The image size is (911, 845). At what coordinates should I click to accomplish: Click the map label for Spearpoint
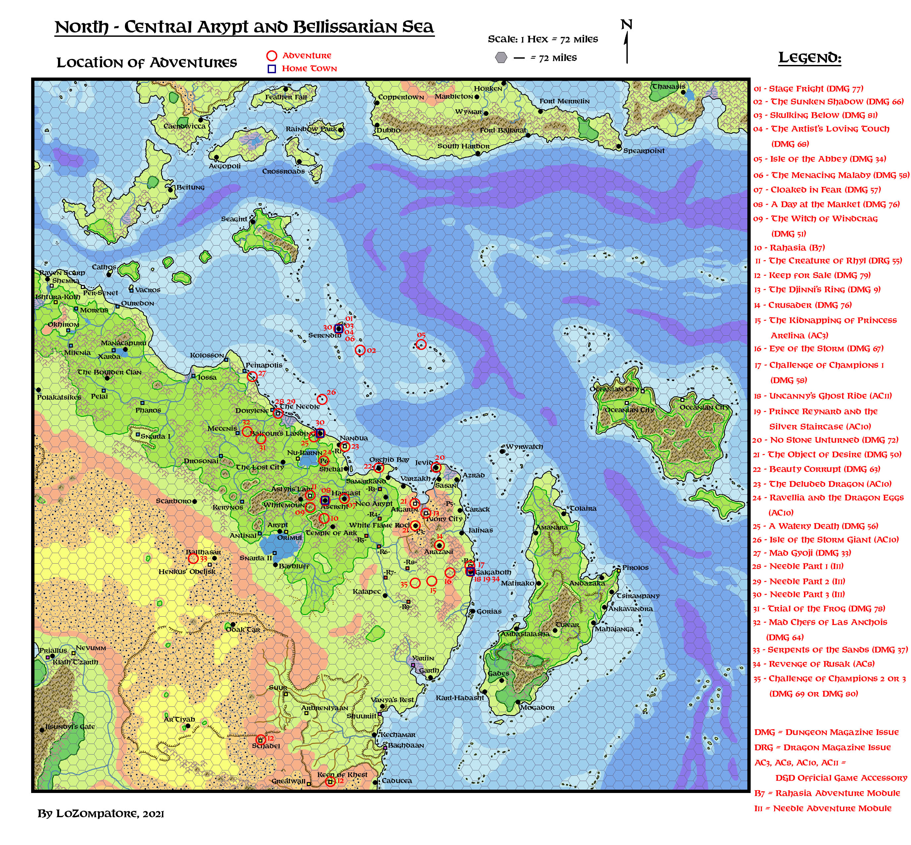644,151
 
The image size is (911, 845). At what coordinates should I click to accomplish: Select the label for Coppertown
401,97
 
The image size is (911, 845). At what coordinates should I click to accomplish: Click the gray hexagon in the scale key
502,58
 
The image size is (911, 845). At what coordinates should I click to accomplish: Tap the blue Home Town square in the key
272,69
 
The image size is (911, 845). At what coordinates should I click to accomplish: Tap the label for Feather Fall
286,97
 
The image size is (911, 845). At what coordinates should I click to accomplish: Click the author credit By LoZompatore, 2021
101,814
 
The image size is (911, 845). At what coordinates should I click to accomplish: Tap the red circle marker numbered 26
322,399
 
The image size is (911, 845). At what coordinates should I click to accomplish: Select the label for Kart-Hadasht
459,698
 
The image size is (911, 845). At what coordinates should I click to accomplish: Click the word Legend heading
810,58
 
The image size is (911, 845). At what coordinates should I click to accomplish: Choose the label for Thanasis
668,86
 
